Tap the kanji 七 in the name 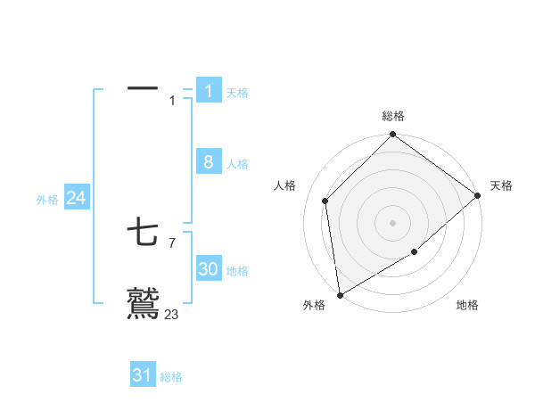pos(143,234)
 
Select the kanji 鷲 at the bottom pos(143,303)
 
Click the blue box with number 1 pos(209,90)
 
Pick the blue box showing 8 pos(209,162)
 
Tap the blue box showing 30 pos(209,269)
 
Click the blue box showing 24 pos(76,198)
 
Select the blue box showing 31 pos(143,375)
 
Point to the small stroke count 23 pos(171,314)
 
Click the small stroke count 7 pos(171,242)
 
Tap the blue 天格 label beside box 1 pos(237,92)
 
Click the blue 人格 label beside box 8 pos(237,164)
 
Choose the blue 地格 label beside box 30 pos(237,271)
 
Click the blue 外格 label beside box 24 pos(47,200)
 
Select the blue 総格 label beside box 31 pos(171,377)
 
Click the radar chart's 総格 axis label pos(393,116)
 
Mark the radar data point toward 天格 pos(477,195)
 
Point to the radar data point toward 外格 pos(340,294)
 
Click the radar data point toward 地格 pos(415,252)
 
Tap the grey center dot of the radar pos(393,222)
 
